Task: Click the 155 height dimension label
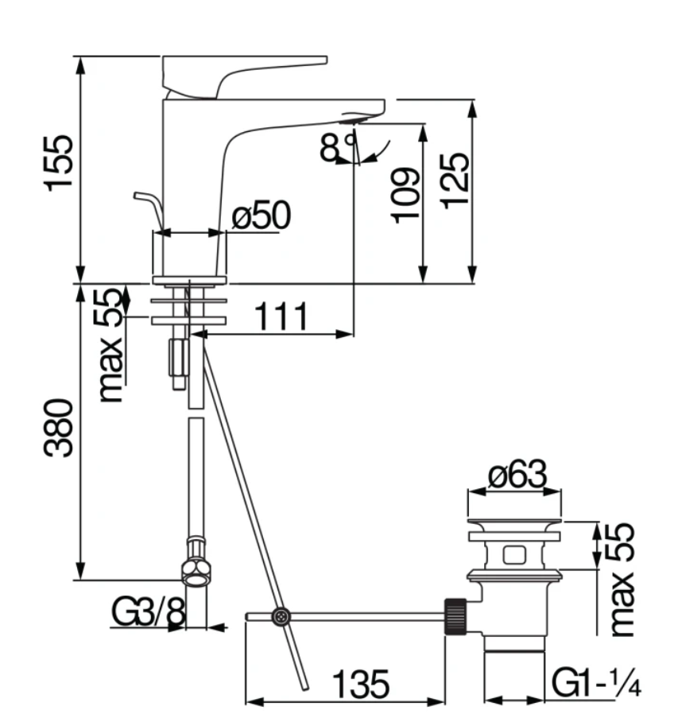[x=58, y=162]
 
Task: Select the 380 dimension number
[x=58, y=427]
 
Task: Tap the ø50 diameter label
[x=261, y=215]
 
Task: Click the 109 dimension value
[x=405, y=196]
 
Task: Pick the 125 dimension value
[x=455, y=181]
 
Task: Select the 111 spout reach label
[x=281, y=316]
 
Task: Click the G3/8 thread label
[x=149, y=611]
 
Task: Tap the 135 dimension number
[x=361, y=684]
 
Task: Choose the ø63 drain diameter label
[x=517, y=474]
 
